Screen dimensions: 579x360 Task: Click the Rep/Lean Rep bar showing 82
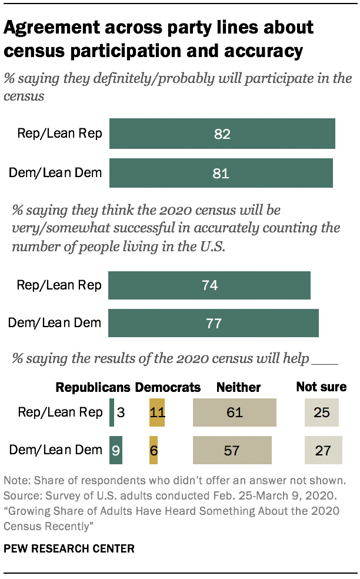point(222,134)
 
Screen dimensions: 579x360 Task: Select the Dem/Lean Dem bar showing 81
point(221,173)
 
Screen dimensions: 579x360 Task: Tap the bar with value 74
point(209,285)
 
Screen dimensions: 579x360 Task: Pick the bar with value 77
point(213,322)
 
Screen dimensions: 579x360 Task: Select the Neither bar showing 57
point(232,450)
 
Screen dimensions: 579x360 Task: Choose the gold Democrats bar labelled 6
point(153,450)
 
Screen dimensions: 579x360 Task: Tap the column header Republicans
point(93,387)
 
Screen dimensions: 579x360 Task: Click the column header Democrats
point(168,387)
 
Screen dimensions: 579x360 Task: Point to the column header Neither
point(238,387)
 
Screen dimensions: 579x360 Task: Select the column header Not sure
point(321,387)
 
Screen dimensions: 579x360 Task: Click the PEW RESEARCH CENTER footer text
point(69,549)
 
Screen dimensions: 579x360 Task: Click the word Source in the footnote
point(21,498)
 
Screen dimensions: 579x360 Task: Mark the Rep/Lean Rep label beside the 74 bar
point(59,285)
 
